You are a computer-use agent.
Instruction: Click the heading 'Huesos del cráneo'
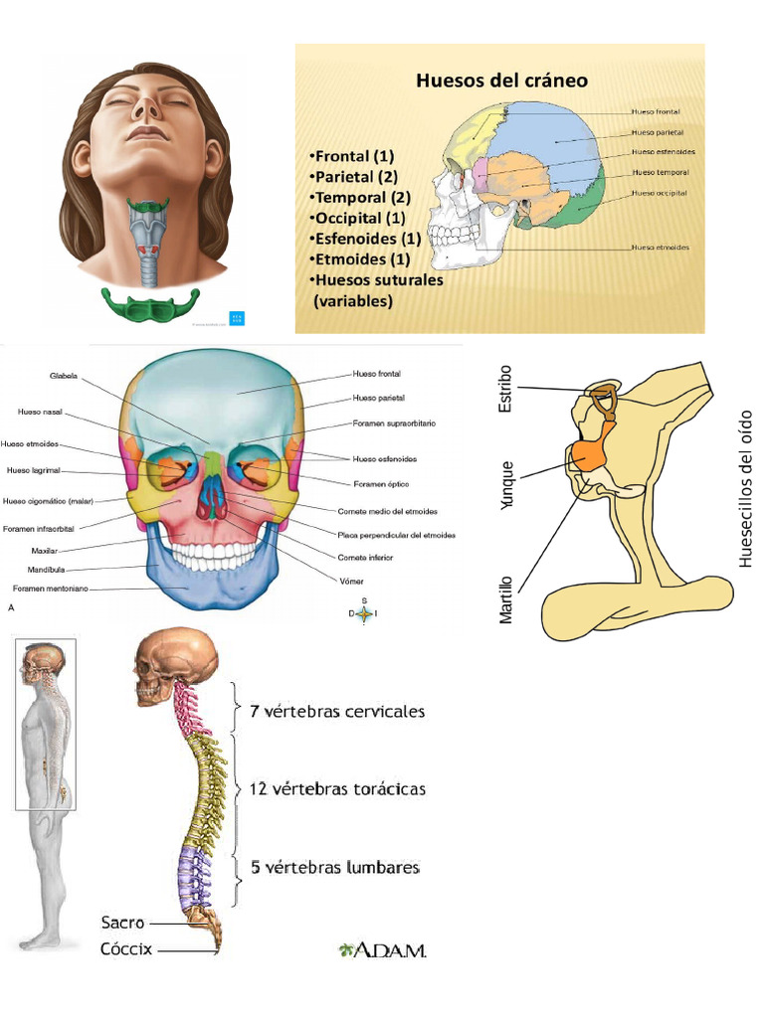[x=501, y=81]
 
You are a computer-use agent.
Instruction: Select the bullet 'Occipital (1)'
[x=357, y=218]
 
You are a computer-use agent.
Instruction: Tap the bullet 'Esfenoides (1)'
[x=365, y=239]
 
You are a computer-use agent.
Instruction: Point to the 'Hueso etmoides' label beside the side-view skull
[x=662, y=247]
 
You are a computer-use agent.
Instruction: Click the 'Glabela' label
[x=63, y=376]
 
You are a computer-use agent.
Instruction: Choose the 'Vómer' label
[x=351, y=581]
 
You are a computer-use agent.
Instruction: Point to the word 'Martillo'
[x=506, y=598]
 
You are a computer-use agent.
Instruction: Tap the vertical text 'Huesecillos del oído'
[x=747, y=488]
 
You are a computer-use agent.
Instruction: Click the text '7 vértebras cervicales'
[x=337, y=712]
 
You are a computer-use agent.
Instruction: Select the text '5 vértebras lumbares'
[x=334, y=867]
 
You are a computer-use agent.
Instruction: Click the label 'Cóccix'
[x=126, y=949]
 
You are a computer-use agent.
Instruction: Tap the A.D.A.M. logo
[x=382, y=950]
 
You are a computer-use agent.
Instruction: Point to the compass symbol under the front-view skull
[x=364, y=613]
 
